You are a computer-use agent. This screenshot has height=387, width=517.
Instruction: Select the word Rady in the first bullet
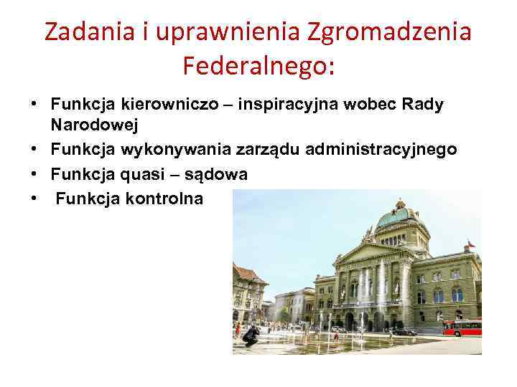point(424,105)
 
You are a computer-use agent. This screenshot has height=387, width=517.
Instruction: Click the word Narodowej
point(94,125)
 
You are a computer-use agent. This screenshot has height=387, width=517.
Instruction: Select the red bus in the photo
point(461,328)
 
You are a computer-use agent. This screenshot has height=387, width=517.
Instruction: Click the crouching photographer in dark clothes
point(251,335)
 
